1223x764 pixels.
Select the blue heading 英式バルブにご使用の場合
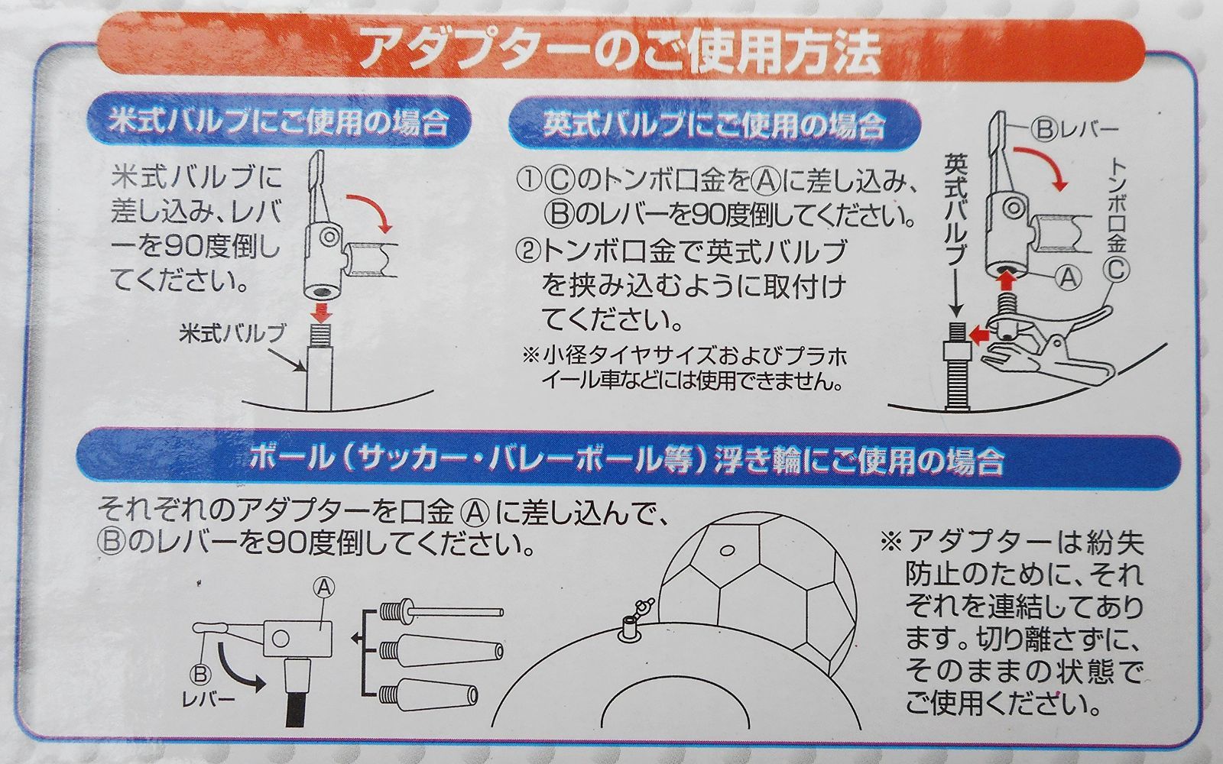click(715, 125)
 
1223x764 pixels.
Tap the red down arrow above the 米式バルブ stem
click(322, 312)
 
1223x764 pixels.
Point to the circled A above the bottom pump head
click(323, 588)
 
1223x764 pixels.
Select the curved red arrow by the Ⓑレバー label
click(1040, 167)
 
